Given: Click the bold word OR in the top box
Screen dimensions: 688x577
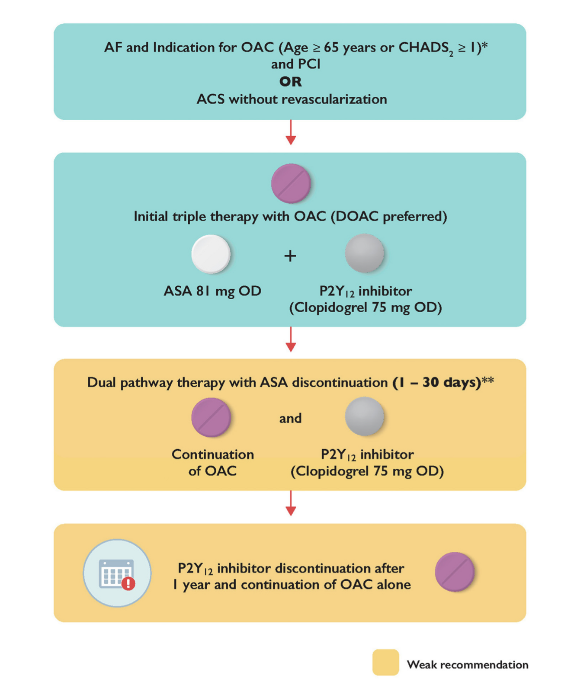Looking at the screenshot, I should [x=290, y=81].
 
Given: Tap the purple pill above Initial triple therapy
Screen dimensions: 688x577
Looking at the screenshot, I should [x=291, y=183].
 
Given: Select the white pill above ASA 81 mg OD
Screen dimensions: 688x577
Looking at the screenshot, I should [x=211, y=254].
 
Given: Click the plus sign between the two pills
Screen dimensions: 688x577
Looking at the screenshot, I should [x=290, y=256].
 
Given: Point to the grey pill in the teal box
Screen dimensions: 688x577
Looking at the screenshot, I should [x=364, y=253].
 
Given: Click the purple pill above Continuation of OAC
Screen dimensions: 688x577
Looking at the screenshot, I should [x=211, y=417].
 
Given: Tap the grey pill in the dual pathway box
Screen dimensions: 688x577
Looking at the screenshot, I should [x=364, y=416].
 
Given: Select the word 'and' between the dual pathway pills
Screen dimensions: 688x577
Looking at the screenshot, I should [x=290, y=418].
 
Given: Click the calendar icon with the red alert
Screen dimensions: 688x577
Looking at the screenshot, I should [x=117, y=573].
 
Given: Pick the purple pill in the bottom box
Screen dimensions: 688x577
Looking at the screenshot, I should [x=455, y=572].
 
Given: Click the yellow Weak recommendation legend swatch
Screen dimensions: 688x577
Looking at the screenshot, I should [x=385, y=662].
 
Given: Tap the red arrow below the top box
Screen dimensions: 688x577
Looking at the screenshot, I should [x=291, y=132].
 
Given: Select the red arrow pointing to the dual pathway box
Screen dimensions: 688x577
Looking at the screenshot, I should [x=291, y=339].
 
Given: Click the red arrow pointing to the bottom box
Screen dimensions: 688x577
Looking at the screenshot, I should [x=291, y=503].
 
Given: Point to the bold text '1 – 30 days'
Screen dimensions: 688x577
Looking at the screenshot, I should [x=437, y=382].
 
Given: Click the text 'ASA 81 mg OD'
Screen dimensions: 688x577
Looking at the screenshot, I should [x=212, y=291].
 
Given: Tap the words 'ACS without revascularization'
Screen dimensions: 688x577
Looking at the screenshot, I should [x=292, y=99].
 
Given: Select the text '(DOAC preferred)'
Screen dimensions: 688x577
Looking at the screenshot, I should [x=389, y=216].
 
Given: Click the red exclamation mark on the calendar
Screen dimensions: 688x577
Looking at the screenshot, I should [x=128, y=584].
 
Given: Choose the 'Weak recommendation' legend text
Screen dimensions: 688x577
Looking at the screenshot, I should [x=468, y=665].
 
